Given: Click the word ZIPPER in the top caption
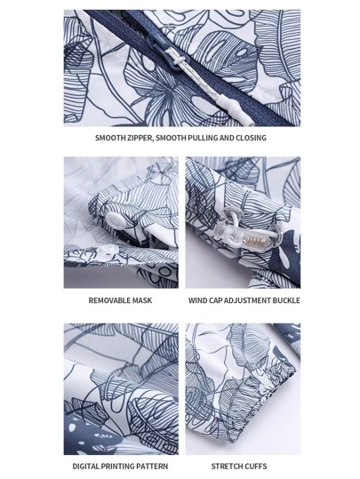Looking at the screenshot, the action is click(137, 138).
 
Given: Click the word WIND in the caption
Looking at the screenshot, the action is click(197, 300).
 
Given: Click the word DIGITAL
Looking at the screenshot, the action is click(86, 467).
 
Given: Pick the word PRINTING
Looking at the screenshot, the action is click(118, 467).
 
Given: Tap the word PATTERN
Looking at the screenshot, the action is click(152, 467).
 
